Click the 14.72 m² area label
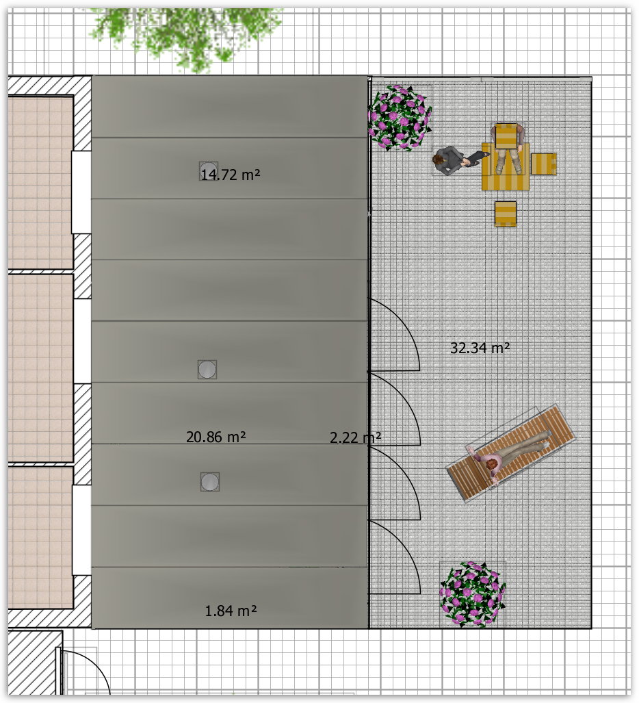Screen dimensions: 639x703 [x=231, y=175]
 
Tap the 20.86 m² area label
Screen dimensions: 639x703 [x=216, y=437]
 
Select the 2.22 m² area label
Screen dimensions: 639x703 [x=355, y=437]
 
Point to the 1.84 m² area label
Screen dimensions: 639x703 [x=231, y=611]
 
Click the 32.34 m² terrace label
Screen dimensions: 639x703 [x=480, y=348]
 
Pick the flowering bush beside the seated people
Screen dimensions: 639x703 [x=400, y=118]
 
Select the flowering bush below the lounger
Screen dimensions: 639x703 [x=473, y=594]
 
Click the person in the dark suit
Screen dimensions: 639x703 [x=454, y=160]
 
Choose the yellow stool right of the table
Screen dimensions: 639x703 [x=543, y=164]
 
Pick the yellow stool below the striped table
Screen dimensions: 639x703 [x=506, y=214]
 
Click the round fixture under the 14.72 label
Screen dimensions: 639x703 [x=209, y=171]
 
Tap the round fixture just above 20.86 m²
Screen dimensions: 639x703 [x=207, y=370]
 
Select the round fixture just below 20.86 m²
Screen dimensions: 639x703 [x=210, y=482]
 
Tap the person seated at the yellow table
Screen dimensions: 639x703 [x=508, y=148]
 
